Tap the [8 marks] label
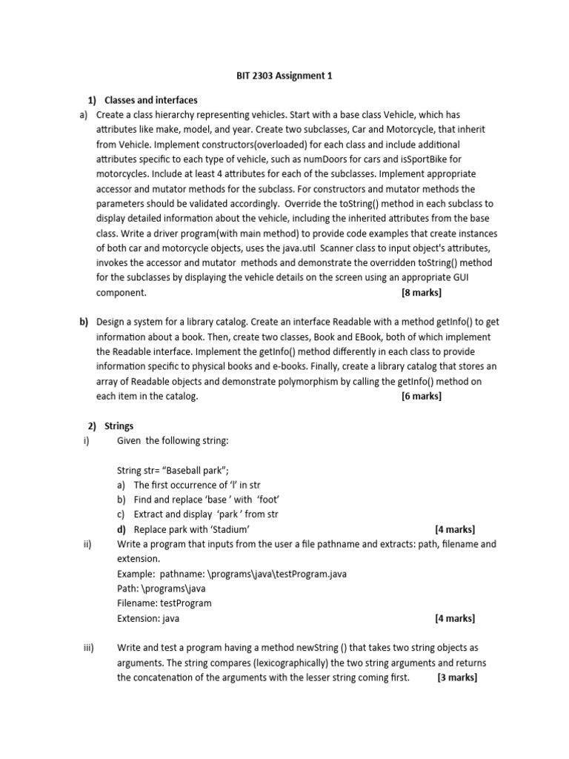point(421,292)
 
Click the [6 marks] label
point(421,396)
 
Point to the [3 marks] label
point(457,677)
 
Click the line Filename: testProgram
point(164,603)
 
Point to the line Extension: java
point(148,618)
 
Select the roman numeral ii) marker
point(87,544)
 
